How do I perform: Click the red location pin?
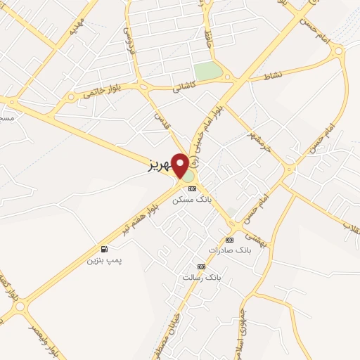(181, 166)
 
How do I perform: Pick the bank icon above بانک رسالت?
(201, 267)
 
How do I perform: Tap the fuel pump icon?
(104, 250)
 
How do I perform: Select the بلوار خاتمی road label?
(103, 89)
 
